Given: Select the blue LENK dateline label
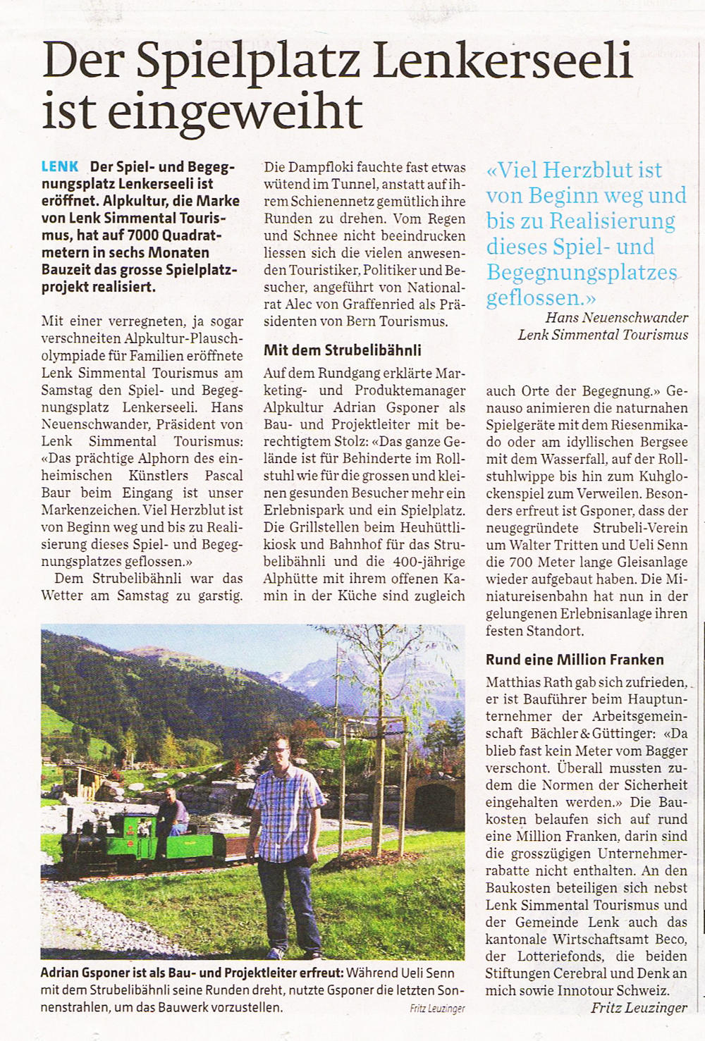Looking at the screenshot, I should [x=60, y=167].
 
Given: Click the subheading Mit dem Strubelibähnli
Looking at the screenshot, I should [x=343, y=350].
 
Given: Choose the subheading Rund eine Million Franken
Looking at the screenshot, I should [x=575, y=660].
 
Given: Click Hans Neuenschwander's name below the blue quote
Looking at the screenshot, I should [x=617, y=318].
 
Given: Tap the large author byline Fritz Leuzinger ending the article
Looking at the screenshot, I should [x=639, y=1007].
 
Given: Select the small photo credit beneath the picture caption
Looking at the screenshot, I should [x=437, y=1009].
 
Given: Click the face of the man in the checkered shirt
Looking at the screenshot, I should [x=279, y=750].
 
